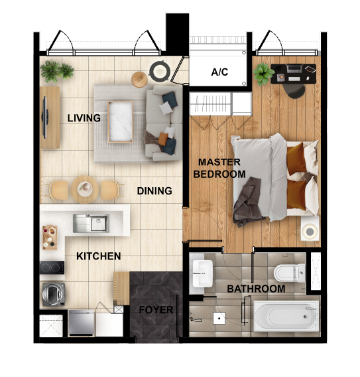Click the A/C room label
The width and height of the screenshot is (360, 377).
(219, 72)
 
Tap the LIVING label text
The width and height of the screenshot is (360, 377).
(84, 119)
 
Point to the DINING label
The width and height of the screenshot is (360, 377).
(154, 191)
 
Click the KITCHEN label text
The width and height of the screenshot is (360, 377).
(99, 256)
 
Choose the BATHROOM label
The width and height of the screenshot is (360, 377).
(256, 289)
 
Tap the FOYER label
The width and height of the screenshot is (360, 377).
(156, 310)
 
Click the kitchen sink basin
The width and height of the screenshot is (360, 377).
(91, 223)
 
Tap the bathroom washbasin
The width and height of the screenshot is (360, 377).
(202, 271)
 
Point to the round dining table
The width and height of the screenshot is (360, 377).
(84, 188)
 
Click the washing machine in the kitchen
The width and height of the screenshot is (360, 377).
(52, 293)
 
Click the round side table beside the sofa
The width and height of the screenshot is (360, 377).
(139, 78)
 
